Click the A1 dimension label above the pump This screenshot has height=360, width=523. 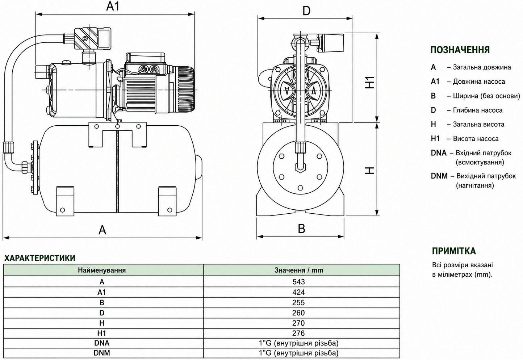point(113,6)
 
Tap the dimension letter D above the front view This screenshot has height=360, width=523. point(306,11)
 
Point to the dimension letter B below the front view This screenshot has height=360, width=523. point(301,229)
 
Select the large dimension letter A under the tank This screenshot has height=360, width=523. point(102,230)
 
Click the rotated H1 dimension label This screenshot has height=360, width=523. point(370,82)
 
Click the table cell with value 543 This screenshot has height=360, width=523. point(298,282)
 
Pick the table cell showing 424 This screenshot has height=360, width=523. point(298,292)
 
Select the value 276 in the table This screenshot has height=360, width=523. point(298,333)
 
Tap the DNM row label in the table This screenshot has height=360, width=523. point(102,353)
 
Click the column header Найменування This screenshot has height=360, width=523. point(102,270)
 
